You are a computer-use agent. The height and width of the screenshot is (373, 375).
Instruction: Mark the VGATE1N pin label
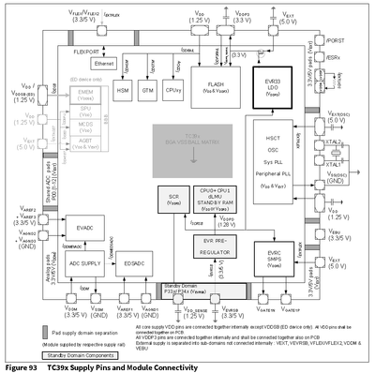point(266,306)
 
